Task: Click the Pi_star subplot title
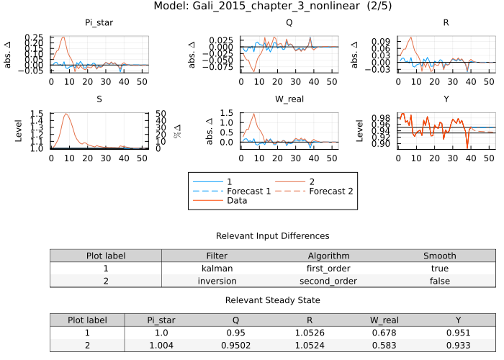[99, 23]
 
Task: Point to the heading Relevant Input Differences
[272, 236]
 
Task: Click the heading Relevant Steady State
[272, 300]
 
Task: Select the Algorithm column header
[329, 256]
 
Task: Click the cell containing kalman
[217, 269]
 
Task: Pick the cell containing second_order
[329, 281]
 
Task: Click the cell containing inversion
[217, 281]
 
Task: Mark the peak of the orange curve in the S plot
[66, 114]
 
